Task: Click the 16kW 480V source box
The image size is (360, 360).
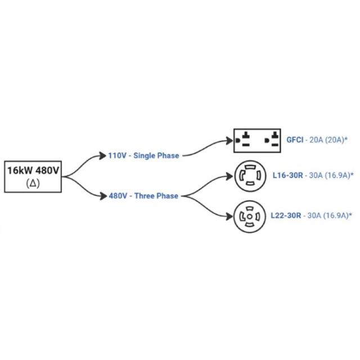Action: [33, 175]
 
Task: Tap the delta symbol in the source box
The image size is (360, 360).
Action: [33, 183]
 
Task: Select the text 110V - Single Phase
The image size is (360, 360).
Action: [143, 155]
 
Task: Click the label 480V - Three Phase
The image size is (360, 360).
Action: [143, 196]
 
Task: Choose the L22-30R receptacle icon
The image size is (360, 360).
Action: [250, 215]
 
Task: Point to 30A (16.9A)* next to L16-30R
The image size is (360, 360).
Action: [331, 175]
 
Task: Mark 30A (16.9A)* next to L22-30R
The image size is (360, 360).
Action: [331, 215]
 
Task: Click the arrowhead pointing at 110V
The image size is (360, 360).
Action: [103, 155]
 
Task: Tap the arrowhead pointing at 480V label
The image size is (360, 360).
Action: [103, 196]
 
